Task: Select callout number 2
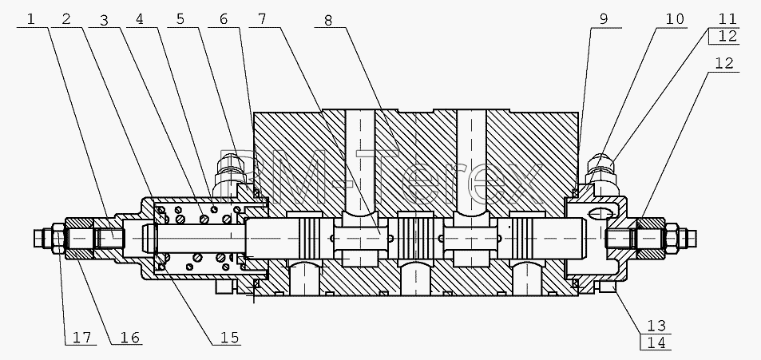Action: pos(66,19)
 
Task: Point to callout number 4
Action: pos(141,19)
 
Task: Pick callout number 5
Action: pos(180,19)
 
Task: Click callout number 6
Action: pos(224,19)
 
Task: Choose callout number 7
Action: pos(262,19)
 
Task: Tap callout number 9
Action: pos(603,19)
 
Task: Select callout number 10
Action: pos(674,19)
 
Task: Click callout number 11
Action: pos(727,19)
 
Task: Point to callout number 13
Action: pos(656,326)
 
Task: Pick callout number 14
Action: pos(656,343)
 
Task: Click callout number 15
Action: pos(231,337)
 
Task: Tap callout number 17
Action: pos(82,337)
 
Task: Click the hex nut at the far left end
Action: pos(57,238)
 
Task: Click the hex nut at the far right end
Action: pos(672,238)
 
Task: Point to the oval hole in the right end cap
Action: pos(600,213)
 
